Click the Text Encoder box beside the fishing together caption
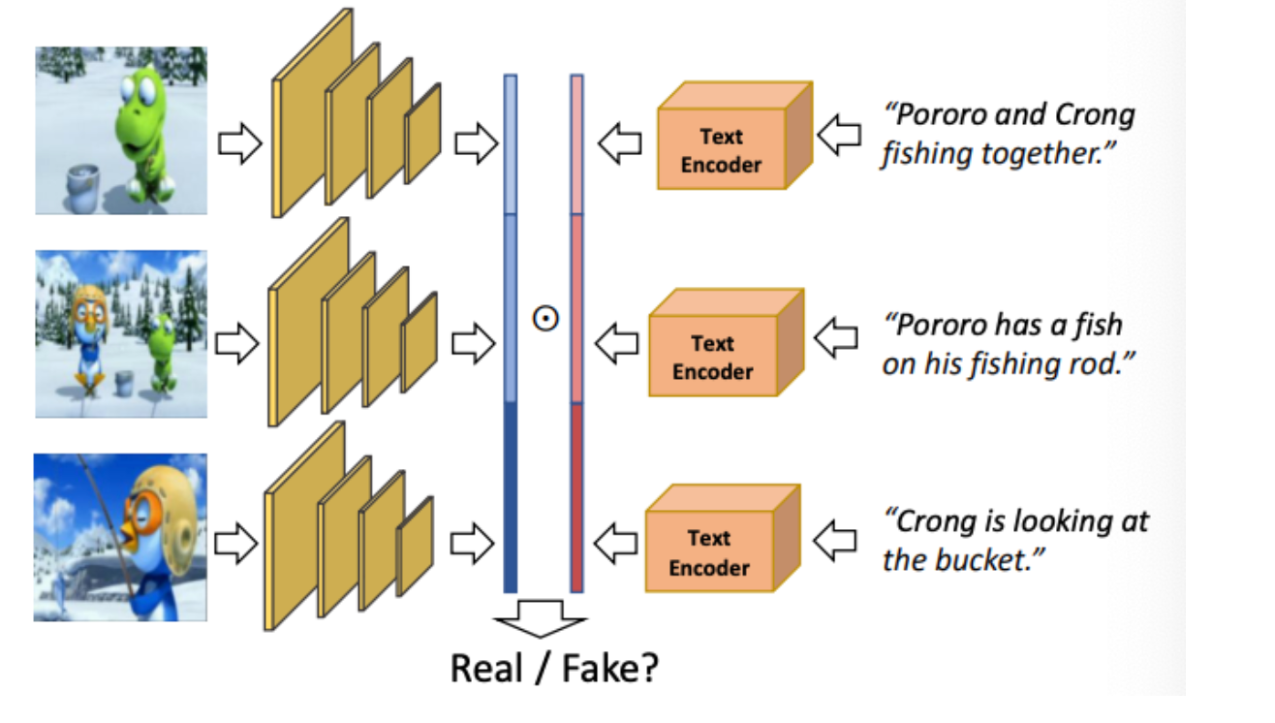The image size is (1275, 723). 734,136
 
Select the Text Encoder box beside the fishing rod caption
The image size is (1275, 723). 727,343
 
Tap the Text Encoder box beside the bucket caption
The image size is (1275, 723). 723,538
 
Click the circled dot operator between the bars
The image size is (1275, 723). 545,318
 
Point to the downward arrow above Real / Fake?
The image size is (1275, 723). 541,618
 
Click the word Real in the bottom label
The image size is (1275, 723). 486,668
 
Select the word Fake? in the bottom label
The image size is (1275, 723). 610,668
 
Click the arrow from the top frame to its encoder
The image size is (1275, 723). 240,143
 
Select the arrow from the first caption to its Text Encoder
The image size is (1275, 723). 839,135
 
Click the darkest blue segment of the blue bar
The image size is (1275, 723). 511,497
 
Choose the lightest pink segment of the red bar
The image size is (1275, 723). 576,144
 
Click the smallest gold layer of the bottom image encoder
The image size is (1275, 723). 416,547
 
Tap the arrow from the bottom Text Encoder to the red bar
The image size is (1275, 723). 615,543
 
